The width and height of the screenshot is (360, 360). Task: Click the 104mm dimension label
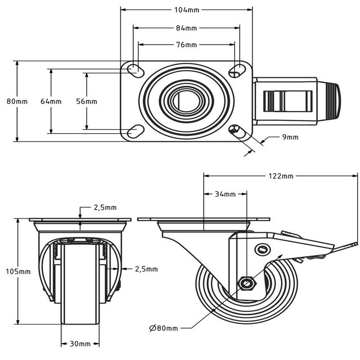tap(187, 9)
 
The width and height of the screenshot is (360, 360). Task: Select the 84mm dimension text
tap(187, 28)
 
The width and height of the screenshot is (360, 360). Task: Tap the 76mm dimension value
tap(187, 45)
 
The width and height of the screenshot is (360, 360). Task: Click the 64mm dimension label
tap(51, 101)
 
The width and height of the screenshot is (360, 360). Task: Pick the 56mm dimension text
tap(86, 101)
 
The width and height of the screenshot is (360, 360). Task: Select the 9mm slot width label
tap(290, 137)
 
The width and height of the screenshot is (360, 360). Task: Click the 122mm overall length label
tap(281, 176)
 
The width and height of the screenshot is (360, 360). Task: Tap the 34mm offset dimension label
tap(225, 194)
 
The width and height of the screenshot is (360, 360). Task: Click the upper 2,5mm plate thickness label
tap(105, 207)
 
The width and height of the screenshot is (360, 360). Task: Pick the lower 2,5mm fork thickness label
tap(146, 268)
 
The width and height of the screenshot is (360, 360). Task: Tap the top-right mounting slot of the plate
tap(237, 69)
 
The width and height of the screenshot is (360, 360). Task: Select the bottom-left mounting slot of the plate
tap(133, 131)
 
